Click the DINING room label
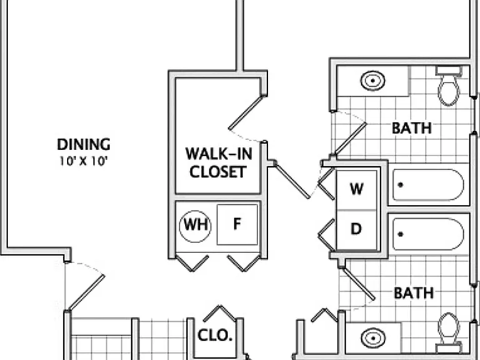click(x=84, y=144)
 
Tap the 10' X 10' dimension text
click(x=83, y=161)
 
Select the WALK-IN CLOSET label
click(x=219, y=162)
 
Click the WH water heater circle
click(x=195, y=226)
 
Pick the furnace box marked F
click(x=237, y=225)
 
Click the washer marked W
click(x=357, y=190)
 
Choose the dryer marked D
click(x=357, y=230)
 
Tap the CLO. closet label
click(x=215, y=336)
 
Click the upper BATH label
click(x=412, y=128)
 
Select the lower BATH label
click(x=414, y=293)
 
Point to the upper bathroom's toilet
click(x=449, y=86)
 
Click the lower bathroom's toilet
click(x=449, y=332)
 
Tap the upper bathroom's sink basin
click(x=372, y=81)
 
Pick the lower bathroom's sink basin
click(x=373, y=338)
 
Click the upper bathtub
click(x=428, y=184)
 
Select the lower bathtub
click(x=428, y=234)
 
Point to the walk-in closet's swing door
click(x=247, y=112)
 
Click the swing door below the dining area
click(x=86, y=293)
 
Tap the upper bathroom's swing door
click(x=350, y=139)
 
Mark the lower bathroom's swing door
click(x=359, y=284)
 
